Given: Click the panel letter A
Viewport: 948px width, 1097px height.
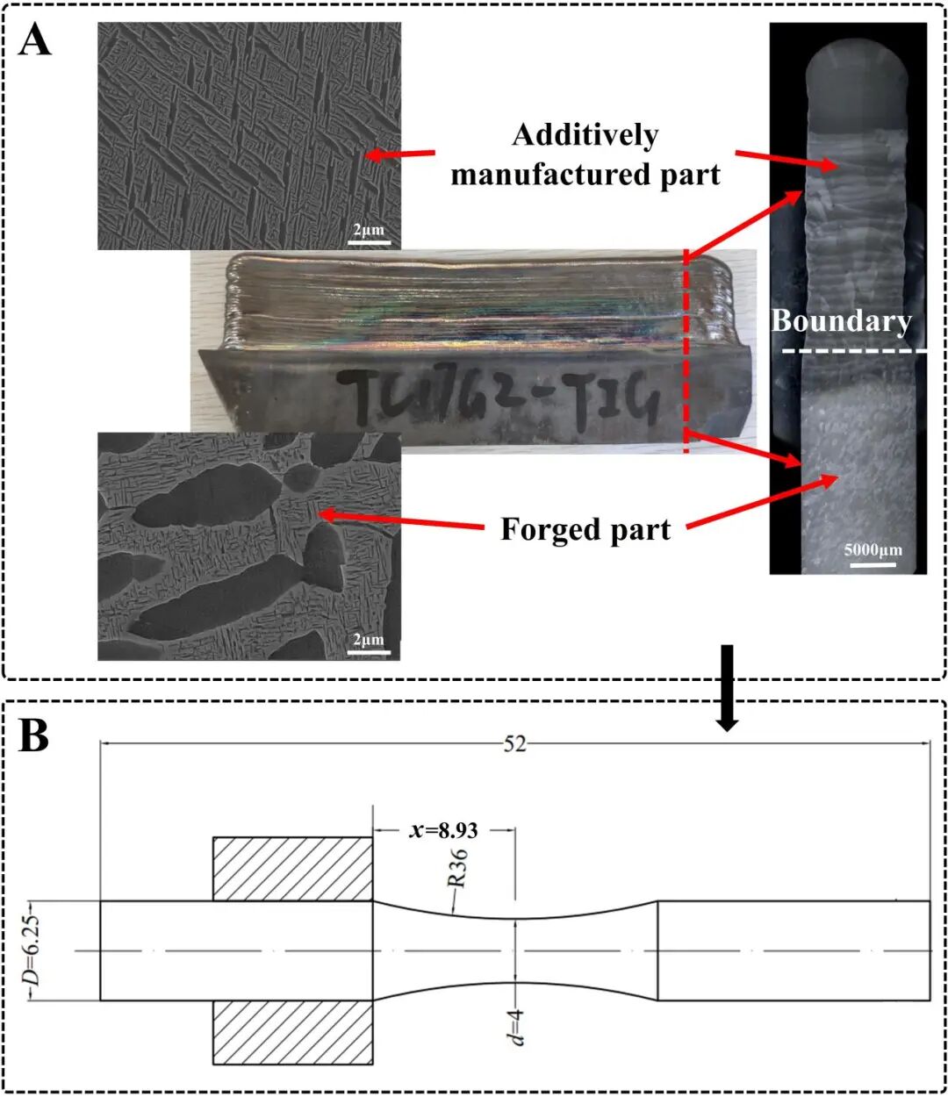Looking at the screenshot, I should point(35,39).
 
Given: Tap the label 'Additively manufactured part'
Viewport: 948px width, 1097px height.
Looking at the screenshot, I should point(585,154).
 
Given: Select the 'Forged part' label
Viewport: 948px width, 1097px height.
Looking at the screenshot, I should point(585,530).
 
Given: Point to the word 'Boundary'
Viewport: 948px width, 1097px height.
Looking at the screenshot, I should point(841,321).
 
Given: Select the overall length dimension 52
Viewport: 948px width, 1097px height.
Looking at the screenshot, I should point(514,743).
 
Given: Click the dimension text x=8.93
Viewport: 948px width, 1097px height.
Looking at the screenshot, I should point(443,829).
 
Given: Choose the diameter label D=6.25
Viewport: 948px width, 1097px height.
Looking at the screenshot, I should point(33,950).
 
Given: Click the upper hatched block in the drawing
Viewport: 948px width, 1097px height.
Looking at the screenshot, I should point(293,869).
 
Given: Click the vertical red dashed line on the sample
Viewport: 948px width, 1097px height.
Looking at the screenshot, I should point(686,351).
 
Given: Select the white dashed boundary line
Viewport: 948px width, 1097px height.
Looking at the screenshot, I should point(848,351).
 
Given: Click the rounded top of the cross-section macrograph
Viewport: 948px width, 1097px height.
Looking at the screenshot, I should point(849,75).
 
